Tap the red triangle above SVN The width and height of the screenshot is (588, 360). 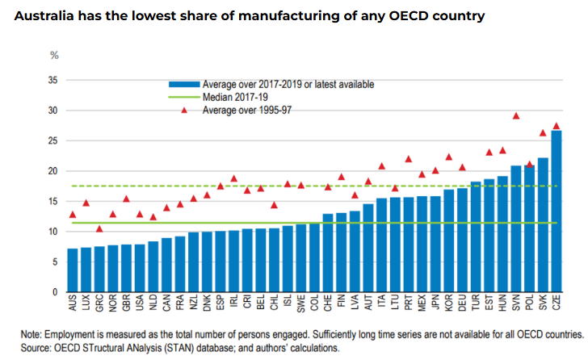tap(516, 116)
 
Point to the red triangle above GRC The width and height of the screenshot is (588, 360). tap(99, 228)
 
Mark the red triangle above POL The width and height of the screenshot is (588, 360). tap(529, 165)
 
